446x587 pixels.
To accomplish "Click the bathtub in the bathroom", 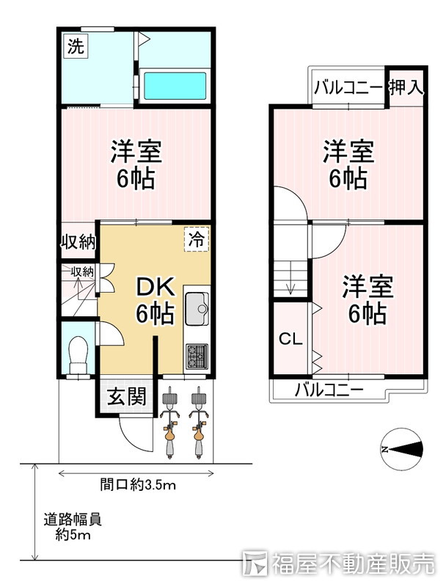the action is (175, 86).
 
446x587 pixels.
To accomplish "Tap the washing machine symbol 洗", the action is (76, 46).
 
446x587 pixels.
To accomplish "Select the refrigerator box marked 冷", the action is (197, 239).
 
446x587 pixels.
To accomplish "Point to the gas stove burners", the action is (197, 356).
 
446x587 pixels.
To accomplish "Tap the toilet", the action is (78, 354).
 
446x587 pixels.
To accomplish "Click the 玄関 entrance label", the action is (126, 396).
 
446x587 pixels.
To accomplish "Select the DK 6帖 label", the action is (155, 300).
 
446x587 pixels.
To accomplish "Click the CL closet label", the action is (290, 339).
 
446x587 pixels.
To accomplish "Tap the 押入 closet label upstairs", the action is (406, 87).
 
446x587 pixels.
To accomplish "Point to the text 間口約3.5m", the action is (138, 485).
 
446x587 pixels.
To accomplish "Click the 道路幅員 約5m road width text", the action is (73, 527).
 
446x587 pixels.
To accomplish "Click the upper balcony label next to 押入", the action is (348, 88).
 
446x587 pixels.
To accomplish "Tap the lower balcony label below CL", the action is (329, 390).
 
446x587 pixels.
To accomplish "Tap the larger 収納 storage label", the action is (78, 242).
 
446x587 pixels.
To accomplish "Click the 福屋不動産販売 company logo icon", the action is (254, 563).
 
